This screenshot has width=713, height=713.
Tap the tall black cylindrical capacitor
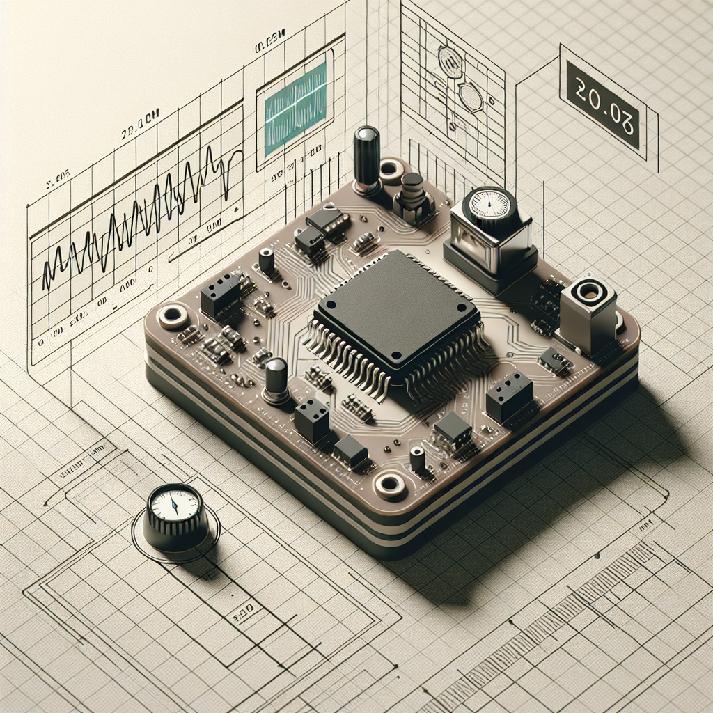pos(366,159)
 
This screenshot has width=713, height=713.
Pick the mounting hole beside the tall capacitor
pos(391,169)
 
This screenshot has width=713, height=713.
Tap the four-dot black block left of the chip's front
pos(311,419)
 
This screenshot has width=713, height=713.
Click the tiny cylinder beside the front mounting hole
pos(418,460)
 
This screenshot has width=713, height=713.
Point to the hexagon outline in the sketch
pos(471,98)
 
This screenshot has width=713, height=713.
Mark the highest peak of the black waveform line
pos(210,148)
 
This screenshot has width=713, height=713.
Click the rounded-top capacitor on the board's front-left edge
pos(276,379)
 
